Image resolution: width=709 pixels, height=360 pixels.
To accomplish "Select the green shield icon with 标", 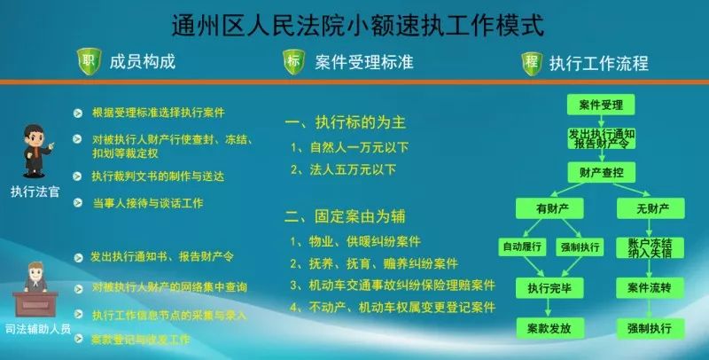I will click(294, 62).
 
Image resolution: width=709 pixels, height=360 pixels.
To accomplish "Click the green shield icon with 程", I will click(531, 62).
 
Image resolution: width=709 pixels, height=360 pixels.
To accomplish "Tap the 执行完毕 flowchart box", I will click(548, 288).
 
